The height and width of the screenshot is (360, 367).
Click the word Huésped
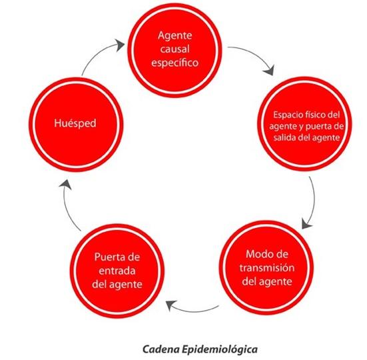[x=75, y=123]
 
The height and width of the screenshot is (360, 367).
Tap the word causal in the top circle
[x=175, y=49]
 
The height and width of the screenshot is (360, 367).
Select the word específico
[x=175, y=63]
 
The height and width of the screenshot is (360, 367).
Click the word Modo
[x=258, y=255]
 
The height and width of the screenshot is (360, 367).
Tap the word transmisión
[x=267, y=268]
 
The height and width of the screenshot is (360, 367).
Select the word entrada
[x=117, y=271]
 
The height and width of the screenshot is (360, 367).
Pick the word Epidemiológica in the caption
[x=220, y=349]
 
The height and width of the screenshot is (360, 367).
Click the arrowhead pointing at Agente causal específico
[x=121, y=45]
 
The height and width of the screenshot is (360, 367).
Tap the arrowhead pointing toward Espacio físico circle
[x=269, y=71]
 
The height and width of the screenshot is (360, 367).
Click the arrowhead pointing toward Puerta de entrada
[x=171, y=305]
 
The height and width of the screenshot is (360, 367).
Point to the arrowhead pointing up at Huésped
[x=65, y=183]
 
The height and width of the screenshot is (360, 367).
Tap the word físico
[x=315, y=115]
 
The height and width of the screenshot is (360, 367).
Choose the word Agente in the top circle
[x=175, y=35]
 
